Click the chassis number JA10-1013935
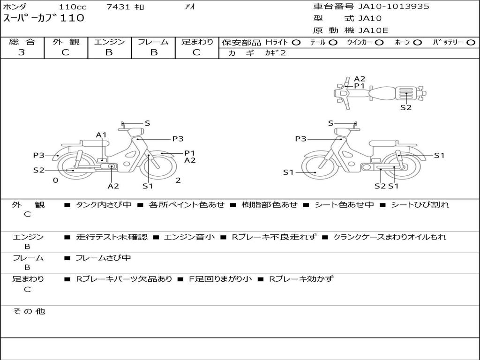coord(394,6)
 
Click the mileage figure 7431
coord(118,7)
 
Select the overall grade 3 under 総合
coord(22,52)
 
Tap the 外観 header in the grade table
coord(66,42)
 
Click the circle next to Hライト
coord(296,43)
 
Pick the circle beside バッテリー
coord(471,43)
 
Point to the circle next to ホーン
coord(417,43)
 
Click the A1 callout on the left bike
coord(101,135)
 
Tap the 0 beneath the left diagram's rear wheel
coord(55,180)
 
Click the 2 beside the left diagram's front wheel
coord(178,180)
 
